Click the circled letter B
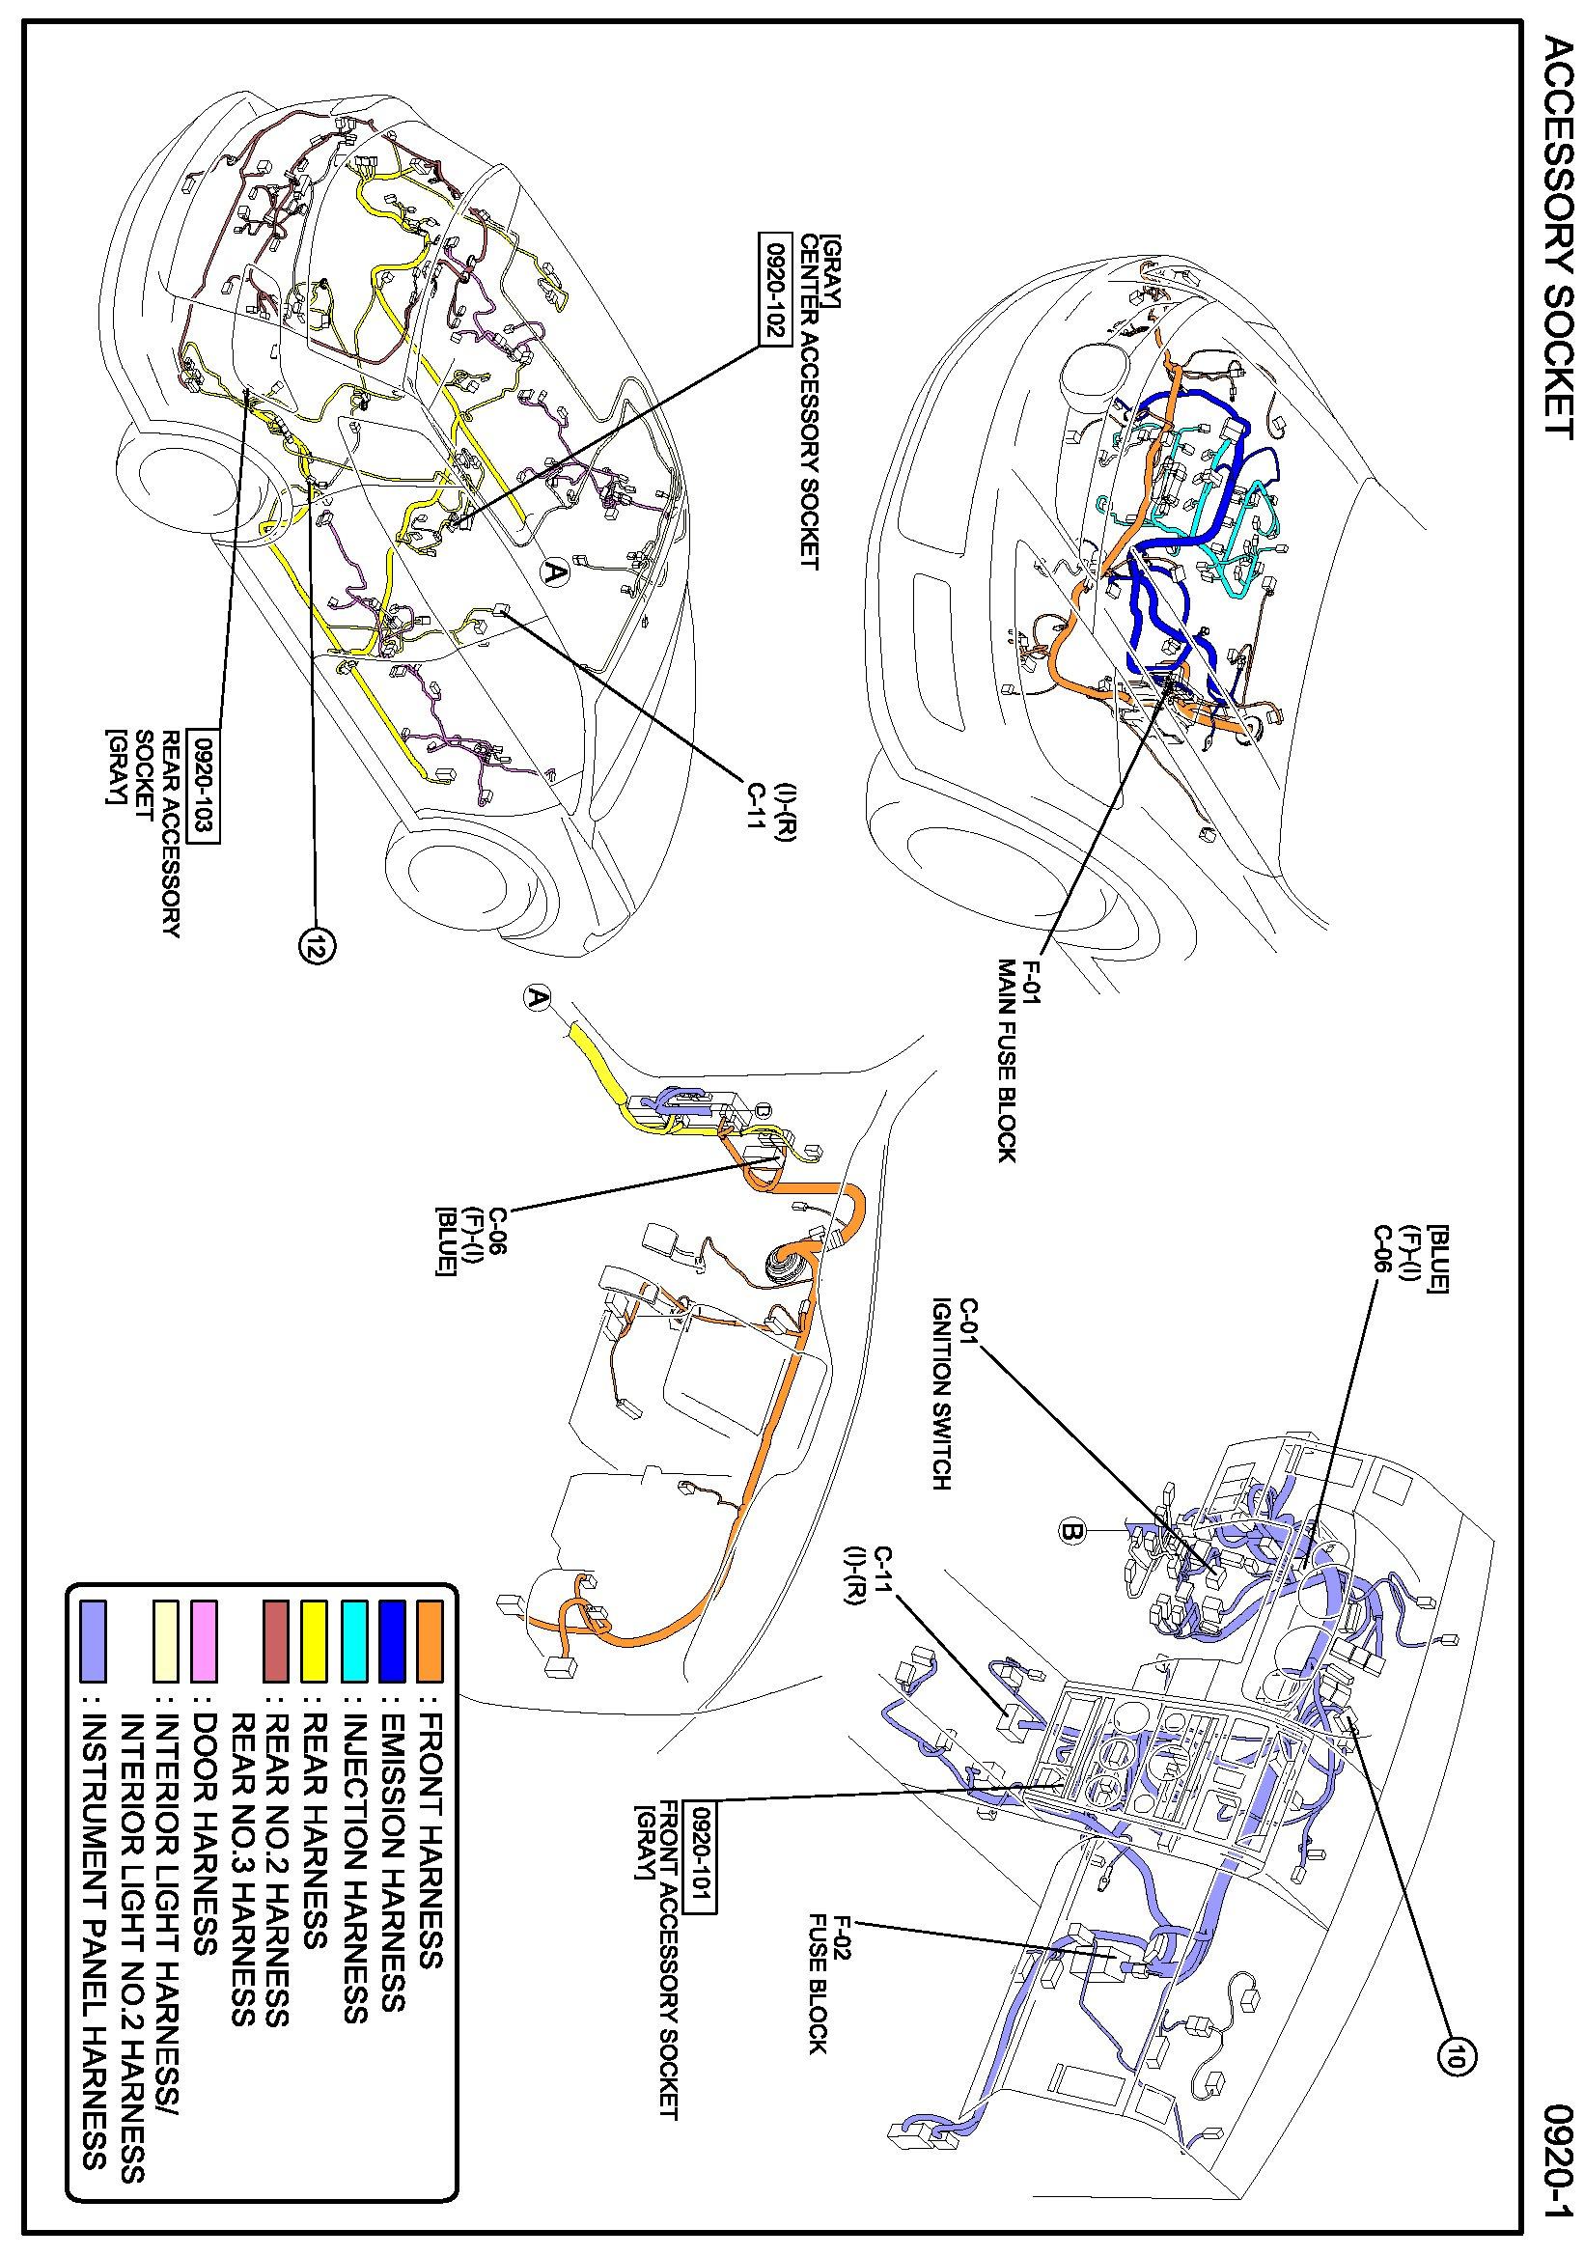tap(1072, 1530)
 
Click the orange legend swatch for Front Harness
tap(430, 1640)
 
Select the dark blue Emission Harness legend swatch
tap(391, 1640)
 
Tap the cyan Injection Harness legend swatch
tap(353, 1640)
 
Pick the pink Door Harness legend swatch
tap(205, 1640)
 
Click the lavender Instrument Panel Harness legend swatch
tap(93, 1640)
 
